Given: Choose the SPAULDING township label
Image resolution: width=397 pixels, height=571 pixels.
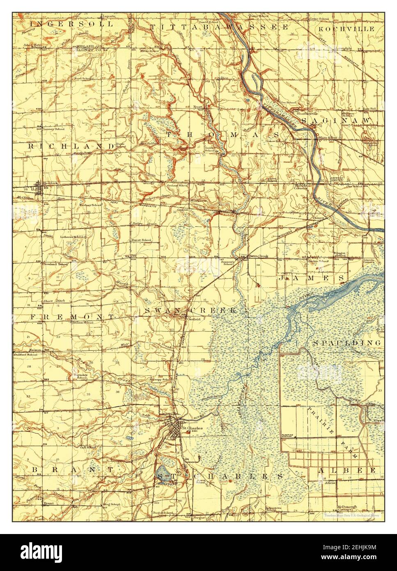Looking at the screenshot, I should [347, 342].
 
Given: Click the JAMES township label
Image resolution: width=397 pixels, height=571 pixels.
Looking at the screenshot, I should [311, 278].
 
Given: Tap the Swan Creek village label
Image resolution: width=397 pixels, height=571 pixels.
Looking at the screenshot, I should [259, 256].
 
